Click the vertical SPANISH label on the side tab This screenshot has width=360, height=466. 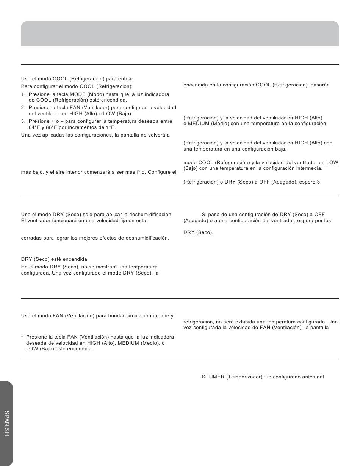tap(7, 423)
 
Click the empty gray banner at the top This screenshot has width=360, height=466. tap(180, 34)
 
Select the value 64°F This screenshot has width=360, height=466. tap(35, 127)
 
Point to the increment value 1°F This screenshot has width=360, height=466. tap(110, 127)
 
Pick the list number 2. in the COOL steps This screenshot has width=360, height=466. tap(23, 108)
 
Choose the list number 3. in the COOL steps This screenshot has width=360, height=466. tap(23, 121)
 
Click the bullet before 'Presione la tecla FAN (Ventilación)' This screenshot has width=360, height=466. tap(22, 337)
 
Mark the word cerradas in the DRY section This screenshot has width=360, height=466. tap(31, 238)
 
